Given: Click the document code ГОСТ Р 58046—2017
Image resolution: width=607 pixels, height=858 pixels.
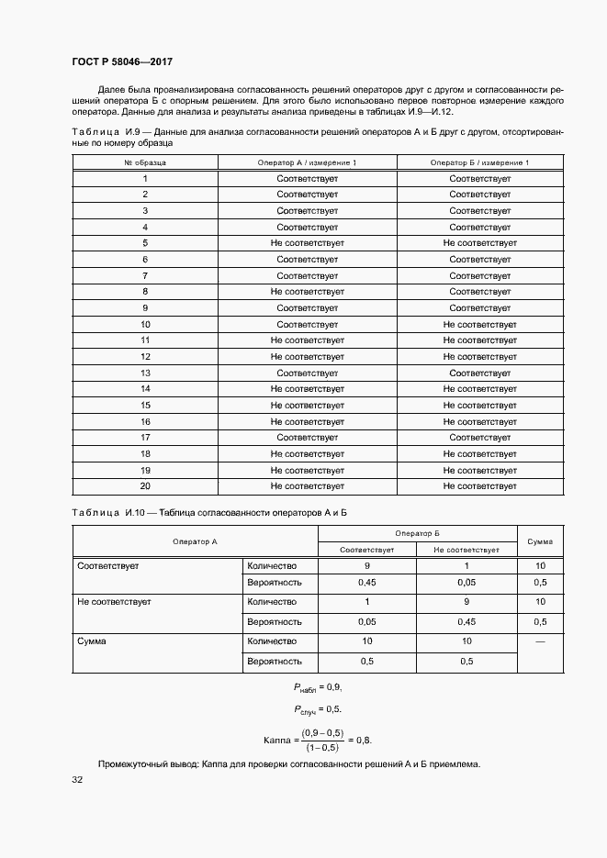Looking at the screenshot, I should (121, 61).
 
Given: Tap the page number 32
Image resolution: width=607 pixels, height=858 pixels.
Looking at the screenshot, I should (77, 780).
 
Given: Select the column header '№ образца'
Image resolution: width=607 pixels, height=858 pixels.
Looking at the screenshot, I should (145, 162).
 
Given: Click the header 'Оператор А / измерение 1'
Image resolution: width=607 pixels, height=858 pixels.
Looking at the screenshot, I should (307, 162).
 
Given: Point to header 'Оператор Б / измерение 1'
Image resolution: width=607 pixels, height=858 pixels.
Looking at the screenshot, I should (479, 162).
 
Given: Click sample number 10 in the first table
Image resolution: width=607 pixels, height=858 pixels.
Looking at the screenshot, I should (145, 325).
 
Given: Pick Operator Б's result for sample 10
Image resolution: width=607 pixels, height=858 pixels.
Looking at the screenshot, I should (479, 325).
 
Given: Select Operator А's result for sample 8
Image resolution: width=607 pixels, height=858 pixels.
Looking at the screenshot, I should (307, 292).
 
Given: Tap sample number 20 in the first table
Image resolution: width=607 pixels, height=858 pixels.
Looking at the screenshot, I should (145, 486).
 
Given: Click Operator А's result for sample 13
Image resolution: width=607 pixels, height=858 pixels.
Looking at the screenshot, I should (307, 373).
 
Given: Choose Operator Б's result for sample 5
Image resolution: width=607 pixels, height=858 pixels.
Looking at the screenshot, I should (479, 243).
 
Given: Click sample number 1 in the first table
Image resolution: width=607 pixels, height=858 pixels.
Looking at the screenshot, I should (145, 179).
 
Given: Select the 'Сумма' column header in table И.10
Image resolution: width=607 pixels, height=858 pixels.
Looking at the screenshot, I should (539, 541).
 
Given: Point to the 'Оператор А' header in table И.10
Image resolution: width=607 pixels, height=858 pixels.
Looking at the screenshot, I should (195, 541).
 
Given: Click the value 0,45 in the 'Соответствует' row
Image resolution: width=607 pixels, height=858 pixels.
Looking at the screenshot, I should (367, 583).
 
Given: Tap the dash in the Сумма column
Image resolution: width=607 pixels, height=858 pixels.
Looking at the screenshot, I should (539, 641).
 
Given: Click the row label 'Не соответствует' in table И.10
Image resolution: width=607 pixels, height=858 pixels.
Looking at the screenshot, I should (115, 602).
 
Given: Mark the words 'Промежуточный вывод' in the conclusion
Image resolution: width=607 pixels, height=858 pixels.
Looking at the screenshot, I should (142, 764).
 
